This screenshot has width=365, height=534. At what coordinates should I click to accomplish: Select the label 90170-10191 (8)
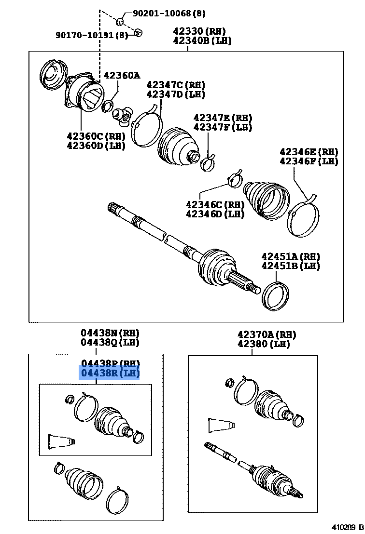(x=92, y=35)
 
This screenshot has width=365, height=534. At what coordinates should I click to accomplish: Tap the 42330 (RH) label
(x=202, y=31)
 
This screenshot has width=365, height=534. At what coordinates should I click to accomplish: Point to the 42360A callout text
(x=121, y=75)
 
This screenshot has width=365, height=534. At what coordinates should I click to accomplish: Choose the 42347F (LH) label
(x=223, y=127)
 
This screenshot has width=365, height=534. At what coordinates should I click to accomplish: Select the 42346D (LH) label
(x=215, y=214)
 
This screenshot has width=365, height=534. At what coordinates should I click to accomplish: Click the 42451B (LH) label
(x=291, y=266)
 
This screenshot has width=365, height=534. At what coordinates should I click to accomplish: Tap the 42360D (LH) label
(x=96, y=146)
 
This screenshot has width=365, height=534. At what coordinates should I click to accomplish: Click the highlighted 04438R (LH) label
(x=110, y=373)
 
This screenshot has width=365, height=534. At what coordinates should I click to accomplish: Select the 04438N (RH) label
(x=110, y=333)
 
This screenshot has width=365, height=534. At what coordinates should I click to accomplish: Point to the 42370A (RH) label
(x=267, y=334)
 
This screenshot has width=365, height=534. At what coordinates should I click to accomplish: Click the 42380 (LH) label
(x=264, y=344)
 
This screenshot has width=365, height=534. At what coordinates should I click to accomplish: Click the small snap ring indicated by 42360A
(x=107, y=106)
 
